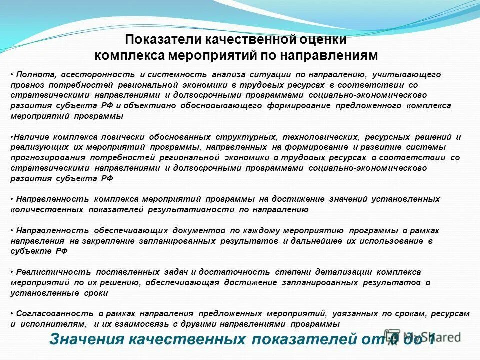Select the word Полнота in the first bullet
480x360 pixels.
point(35,74)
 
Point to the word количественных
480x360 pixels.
point(46,210)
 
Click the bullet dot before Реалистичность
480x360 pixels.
point(12,272)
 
